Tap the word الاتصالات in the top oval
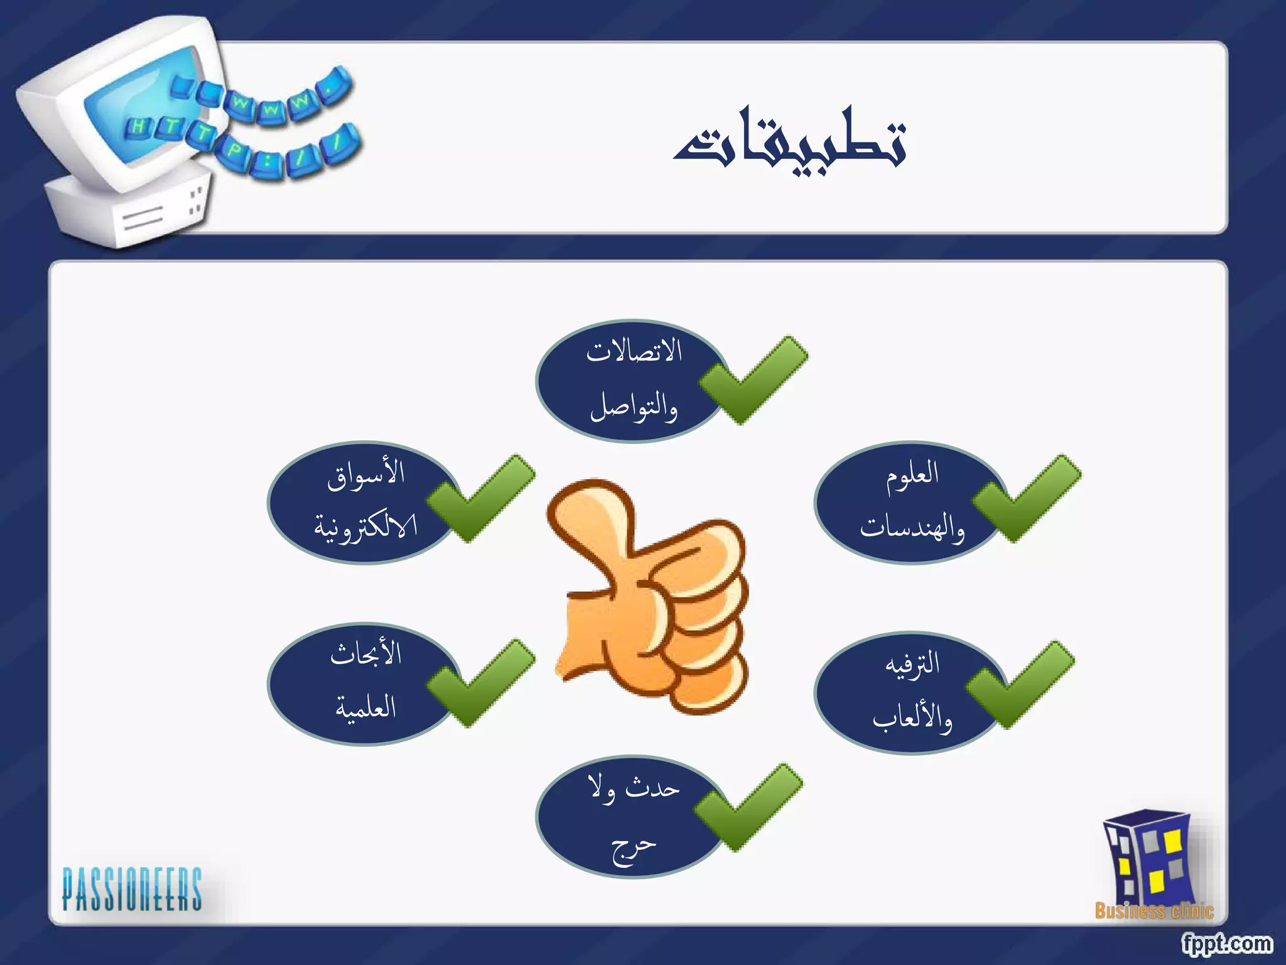tap(634, 351)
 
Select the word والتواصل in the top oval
tap(634, 406)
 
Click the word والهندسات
tap(912, 527)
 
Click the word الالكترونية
tap(365, 527)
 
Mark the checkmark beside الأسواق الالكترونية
tap(480, 499)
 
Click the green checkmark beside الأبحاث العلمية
tap(480, 684)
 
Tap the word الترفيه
tap(912, 663)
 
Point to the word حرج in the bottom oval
tap(633, 848)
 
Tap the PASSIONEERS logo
tap(132, 890)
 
